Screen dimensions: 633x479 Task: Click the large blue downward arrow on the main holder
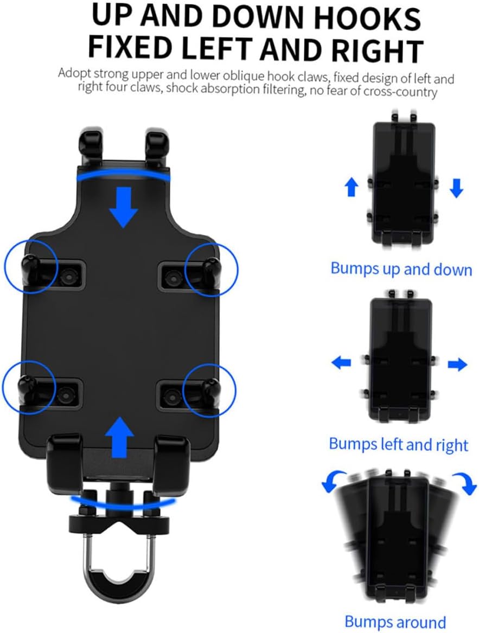click(x=124, y=207)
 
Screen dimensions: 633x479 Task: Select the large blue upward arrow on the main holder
click(x=119, y=437)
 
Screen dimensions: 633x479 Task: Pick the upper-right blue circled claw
click(x=211, y=269)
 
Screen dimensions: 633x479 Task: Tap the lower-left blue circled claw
click(x=28, y=387)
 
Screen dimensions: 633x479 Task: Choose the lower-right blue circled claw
click(x=209, y=387)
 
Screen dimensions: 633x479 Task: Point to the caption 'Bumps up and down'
click(x=401, y=268)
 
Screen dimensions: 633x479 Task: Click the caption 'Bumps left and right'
click(x=398, y=444)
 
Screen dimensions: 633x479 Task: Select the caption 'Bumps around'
click(x=395, y=622)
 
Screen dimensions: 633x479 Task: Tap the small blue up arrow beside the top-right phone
click(x=352, y=188)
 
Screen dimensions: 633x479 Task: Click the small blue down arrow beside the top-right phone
click(x=456, y=188)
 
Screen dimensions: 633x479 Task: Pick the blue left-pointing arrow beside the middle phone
click(x=341, y=362)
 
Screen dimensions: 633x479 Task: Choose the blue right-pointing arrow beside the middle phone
click(x=457, y=364)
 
